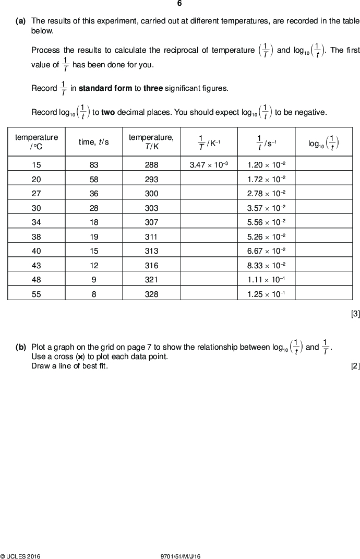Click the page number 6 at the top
tap(179, 4)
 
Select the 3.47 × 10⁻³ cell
tap(209, 165)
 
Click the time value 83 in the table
tap(94, 165)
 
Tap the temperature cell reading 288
tap(151, 165)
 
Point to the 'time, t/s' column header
tap(94, 142)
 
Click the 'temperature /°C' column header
tap(37, 142)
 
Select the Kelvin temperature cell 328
tap(151, 294)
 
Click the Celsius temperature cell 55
tap(37, 294)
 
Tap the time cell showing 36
tap(94, 193)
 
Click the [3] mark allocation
tap(355, 314)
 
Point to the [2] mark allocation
tap(355, 366)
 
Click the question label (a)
tap(21, 21)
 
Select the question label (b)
tap(21, 347)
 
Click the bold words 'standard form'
tap(105, 88)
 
